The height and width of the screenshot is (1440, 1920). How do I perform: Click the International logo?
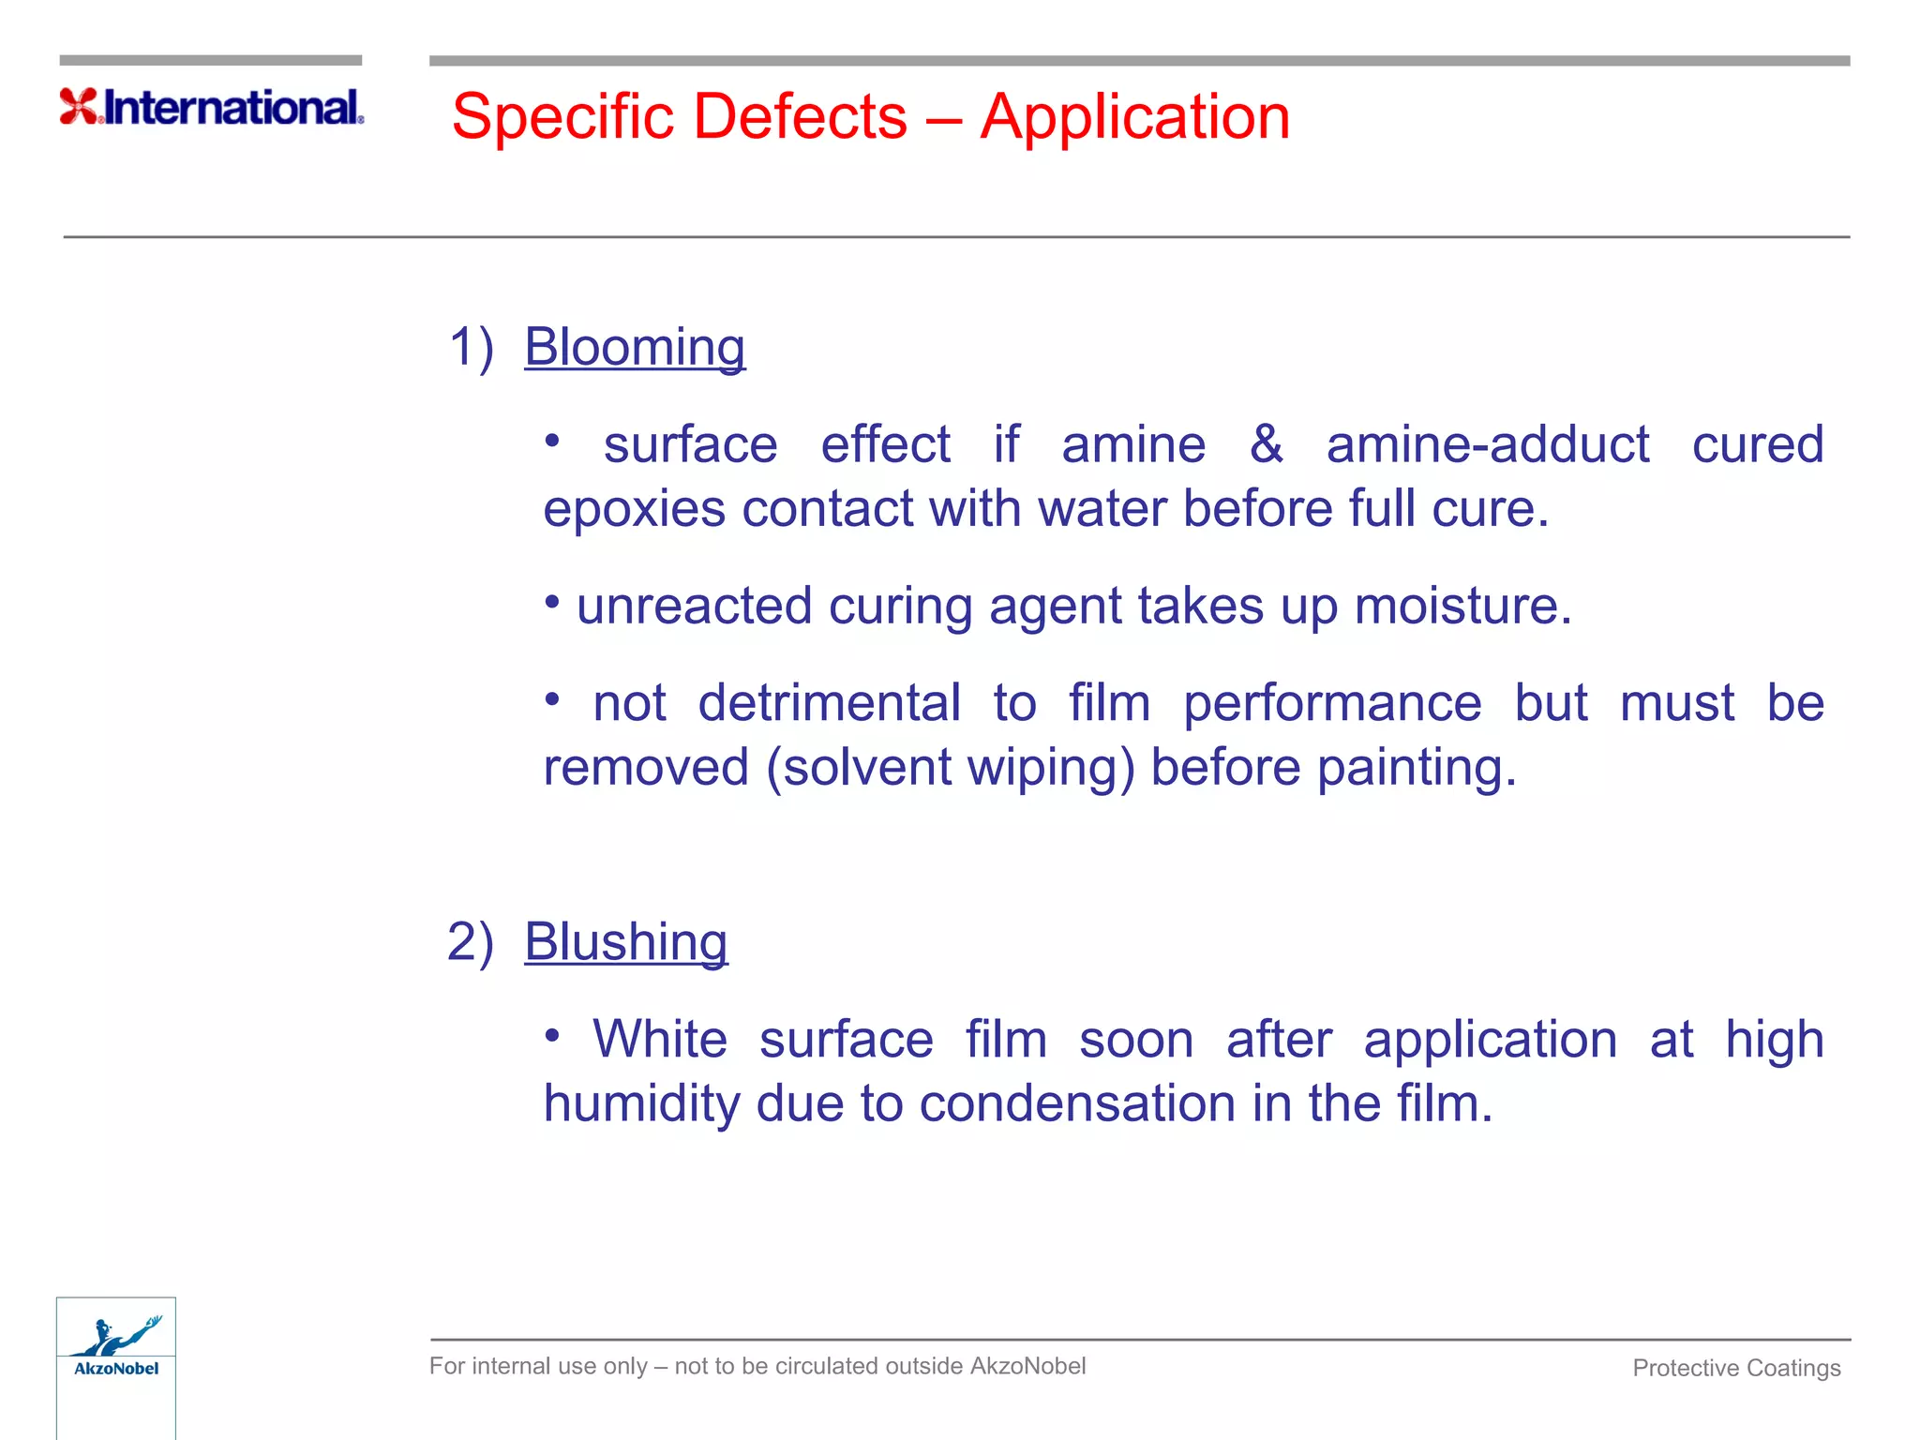click(212, 107)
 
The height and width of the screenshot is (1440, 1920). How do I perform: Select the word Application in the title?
click(1134, 117)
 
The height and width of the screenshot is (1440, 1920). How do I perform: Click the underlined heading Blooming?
click(634, 348)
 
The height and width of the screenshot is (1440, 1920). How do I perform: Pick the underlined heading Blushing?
click(625, 942)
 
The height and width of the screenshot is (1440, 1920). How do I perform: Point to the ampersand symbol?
click(1266, 444)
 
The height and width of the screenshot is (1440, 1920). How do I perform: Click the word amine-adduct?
click(1488, 444)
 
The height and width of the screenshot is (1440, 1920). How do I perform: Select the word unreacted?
click(694, 607)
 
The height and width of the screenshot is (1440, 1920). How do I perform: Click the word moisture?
click(1462, 607)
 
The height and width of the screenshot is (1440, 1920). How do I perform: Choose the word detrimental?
click(829, 703)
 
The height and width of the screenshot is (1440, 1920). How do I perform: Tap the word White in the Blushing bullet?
click(660, 1040)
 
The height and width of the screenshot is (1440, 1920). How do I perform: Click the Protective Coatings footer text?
click(1736, 1368)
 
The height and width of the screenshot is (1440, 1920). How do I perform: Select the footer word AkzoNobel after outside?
click(1027, 1366)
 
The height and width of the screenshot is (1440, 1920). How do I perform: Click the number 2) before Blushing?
click(470, 942)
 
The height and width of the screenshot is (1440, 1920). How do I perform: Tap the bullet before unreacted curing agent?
click(552, 601)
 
